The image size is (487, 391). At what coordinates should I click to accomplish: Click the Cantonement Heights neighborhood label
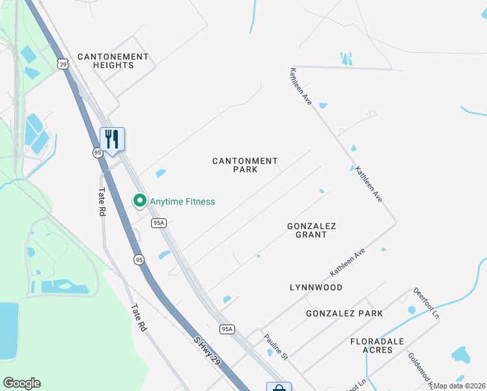113,61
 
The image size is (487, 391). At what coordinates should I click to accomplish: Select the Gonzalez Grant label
311,230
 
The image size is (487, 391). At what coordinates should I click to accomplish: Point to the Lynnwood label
316,287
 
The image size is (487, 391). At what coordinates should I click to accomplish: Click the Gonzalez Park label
344,314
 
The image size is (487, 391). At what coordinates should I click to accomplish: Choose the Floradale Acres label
377,345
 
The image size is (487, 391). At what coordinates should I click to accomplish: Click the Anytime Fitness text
182,202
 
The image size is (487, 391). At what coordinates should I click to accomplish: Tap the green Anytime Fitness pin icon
139,201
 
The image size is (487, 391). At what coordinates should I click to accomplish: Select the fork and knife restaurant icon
112,139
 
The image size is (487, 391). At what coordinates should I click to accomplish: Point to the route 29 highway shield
62,63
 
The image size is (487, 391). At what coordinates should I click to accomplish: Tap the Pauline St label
275,347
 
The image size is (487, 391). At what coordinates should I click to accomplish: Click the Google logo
21,383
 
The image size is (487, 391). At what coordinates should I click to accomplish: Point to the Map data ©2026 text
459,386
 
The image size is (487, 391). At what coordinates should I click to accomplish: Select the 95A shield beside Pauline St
226,329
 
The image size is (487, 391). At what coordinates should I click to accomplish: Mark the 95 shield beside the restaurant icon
97,152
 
